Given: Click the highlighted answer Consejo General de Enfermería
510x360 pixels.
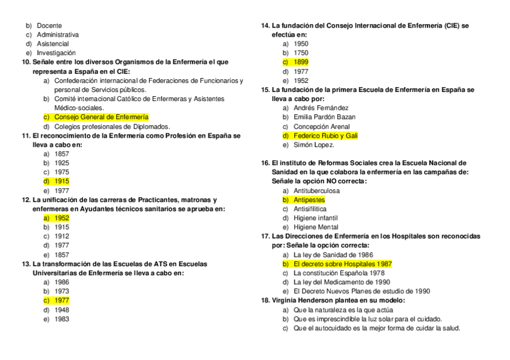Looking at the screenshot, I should pos(100,117).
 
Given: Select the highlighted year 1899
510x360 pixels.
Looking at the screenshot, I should pos(301,62).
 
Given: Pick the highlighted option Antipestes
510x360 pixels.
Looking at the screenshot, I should pos(309,200).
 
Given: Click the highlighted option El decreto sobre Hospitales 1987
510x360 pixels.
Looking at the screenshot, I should pos(342,264).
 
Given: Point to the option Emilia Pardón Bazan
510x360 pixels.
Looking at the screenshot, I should pos(324,117).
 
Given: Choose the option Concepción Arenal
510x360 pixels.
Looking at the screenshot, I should pos(321,127).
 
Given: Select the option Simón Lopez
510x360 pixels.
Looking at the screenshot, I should pos(313,145).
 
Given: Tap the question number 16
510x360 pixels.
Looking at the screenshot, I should pos(265,163).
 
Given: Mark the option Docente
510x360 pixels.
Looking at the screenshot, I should pos(49,26).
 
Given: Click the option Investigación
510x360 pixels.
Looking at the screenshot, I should pos(56,53).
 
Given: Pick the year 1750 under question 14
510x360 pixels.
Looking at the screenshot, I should pos(301,53).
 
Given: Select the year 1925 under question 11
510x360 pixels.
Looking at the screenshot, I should pos(61,163).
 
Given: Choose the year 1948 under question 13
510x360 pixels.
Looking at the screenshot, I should pos(61,310).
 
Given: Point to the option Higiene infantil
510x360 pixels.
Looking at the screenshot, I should pos(315,218).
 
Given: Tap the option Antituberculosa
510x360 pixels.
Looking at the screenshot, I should pos(316,191).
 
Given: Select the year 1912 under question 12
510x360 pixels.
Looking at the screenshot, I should pos(61,236).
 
